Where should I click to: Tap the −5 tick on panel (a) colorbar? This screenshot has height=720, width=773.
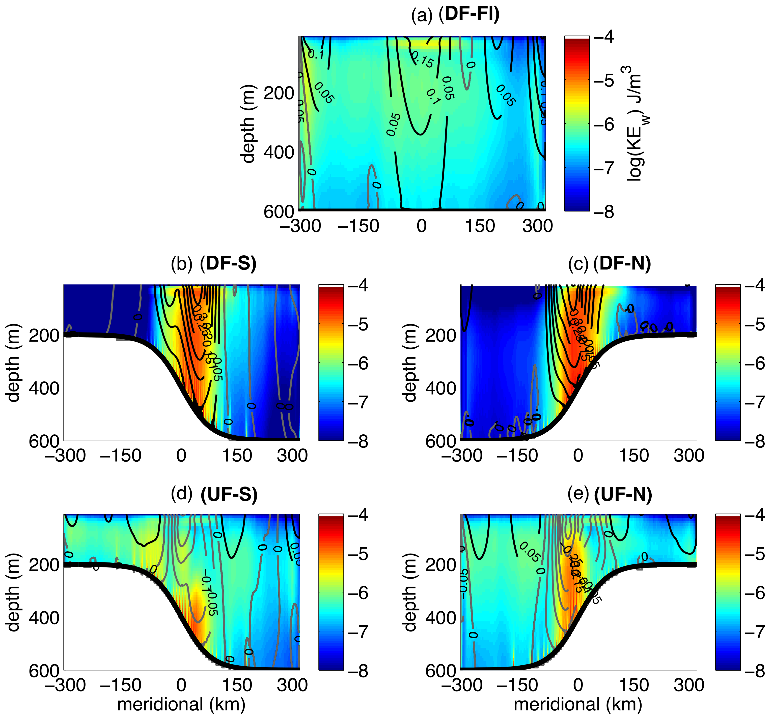(604, 80)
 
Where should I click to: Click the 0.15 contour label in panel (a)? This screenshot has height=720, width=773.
(423, 60)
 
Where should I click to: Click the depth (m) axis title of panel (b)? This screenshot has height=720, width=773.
(13, 363)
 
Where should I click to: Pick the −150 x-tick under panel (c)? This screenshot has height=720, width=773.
(517, 455)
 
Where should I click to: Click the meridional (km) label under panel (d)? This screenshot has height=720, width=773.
(181, 704)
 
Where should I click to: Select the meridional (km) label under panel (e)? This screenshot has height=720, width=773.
(578, 704)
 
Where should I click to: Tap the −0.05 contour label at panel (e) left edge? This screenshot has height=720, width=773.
(464, 581)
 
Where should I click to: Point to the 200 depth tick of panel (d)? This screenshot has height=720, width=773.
(44, 564)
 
